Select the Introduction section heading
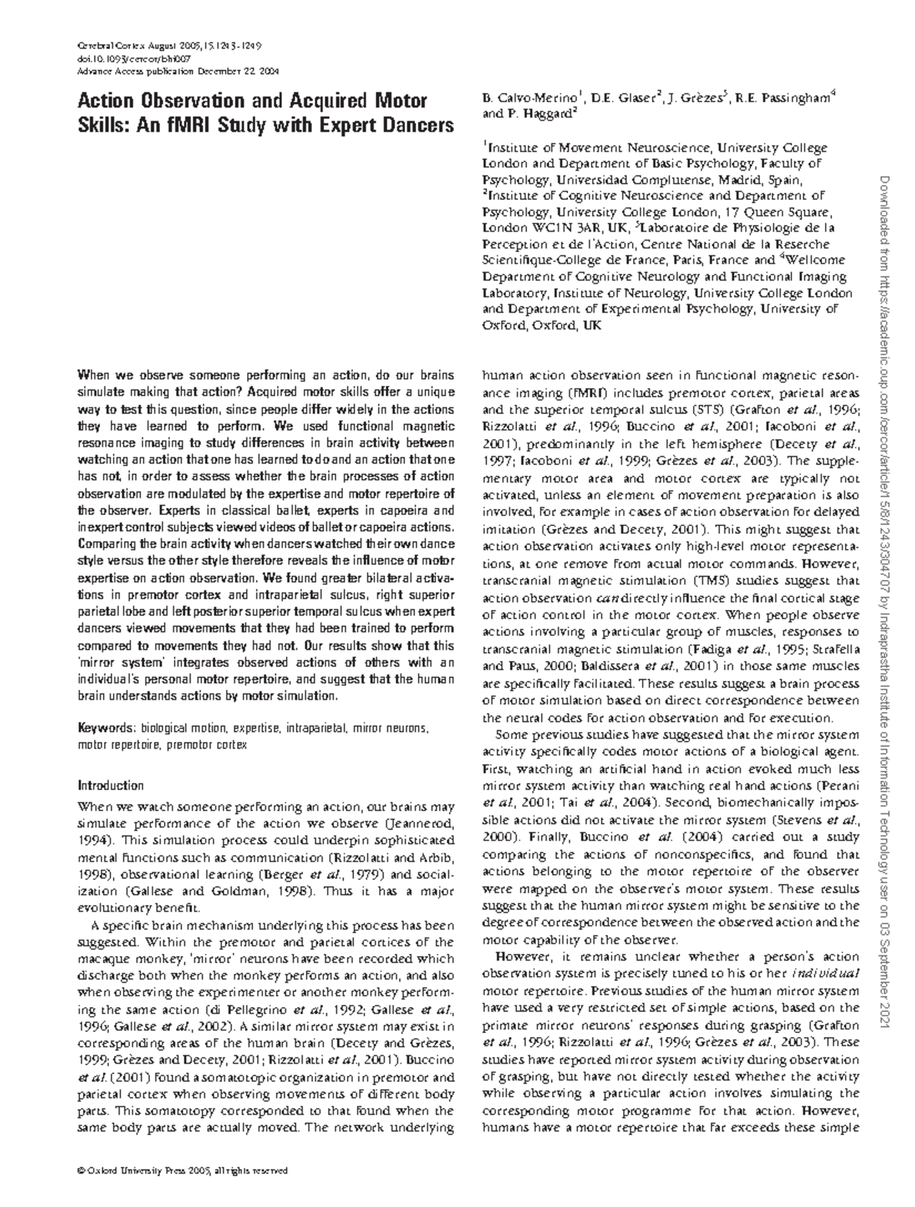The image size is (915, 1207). tap(111, 785)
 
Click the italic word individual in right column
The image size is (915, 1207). tap(827, 974)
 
